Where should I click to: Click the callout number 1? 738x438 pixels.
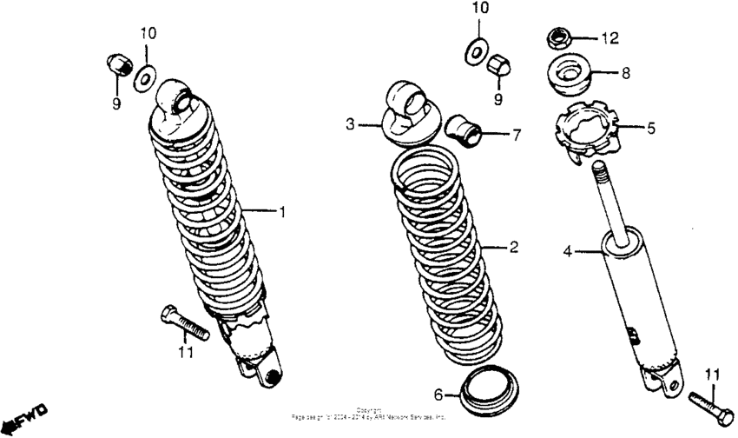(x=280, y=212)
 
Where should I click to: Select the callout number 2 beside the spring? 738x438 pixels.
(x=514, y=248)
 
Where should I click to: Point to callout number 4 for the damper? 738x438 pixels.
(x=568, y=253)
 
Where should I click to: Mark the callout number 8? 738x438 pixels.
(x=625, y=74)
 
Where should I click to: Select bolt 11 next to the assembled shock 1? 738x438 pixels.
(x=183, y=322)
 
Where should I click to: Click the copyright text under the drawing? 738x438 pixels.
(x=369, y=415)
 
